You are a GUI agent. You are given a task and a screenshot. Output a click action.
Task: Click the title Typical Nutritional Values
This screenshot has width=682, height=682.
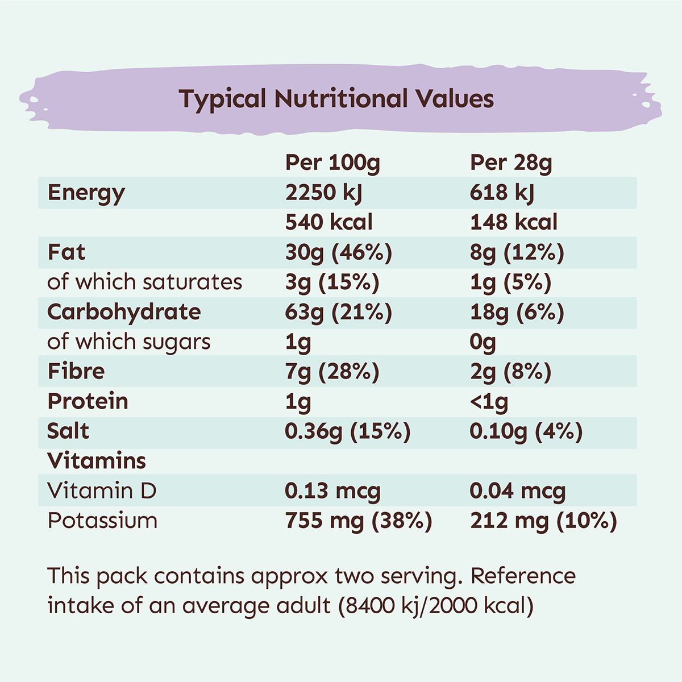pos(336,99)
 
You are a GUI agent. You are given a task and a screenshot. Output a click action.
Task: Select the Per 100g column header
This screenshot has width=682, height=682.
pos(332,163)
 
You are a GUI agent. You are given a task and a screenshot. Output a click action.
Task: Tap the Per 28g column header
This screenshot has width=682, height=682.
pos(511,163)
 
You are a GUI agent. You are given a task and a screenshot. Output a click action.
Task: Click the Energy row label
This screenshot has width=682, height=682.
pos(86,193)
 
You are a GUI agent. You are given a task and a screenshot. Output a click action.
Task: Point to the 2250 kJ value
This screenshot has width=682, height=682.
pos(323,193)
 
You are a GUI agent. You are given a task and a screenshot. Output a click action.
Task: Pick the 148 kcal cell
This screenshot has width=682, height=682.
pos(514,222)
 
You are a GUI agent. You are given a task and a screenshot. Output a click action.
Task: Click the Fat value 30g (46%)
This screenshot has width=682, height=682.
pos(339,252)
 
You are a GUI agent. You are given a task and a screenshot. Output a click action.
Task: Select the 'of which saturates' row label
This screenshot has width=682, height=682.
pos(145,282)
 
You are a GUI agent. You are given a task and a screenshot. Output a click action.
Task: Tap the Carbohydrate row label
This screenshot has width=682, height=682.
pos(124,312)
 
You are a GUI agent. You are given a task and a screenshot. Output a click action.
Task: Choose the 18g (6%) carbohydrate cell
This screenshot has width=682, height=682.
pos(517,312)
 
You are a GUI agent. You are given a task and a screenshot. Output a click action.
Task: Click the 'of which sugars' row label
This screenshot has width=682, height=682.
pos(129,342)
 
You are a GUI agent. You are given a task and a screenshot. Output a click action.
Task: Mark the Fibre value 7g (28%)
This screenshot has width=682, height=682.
pos(332,372)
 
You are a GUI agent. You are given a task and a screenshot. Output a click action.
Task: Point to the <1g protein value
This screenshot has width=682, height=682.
pos(489,402)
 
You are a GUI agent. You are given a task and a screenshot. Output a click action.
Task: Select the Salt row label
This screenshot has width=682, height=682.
pos(68,431)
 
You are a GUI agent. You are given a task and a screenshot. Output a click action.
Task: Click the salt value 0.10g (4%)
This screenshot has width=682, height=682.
pos(526,431)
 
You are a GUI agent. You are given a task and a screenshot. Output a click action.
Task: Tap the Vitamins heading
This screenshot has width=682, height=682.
pos(97,461)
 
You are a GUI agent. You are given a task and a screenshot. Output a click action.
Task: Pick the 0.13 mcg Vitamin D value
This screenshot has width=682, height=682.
pos(332,491)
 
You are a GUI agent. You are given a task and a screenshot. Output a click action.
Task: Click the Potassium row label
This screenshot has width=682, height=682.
pos(102,521)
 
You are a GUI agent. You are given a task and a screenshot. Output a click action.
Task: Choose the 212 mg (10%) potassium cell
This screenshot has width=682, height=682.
pos(543,521)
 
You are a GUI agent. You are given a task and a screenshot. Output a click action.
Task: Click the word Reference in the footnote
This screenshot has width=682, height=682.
pos(523,576)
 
